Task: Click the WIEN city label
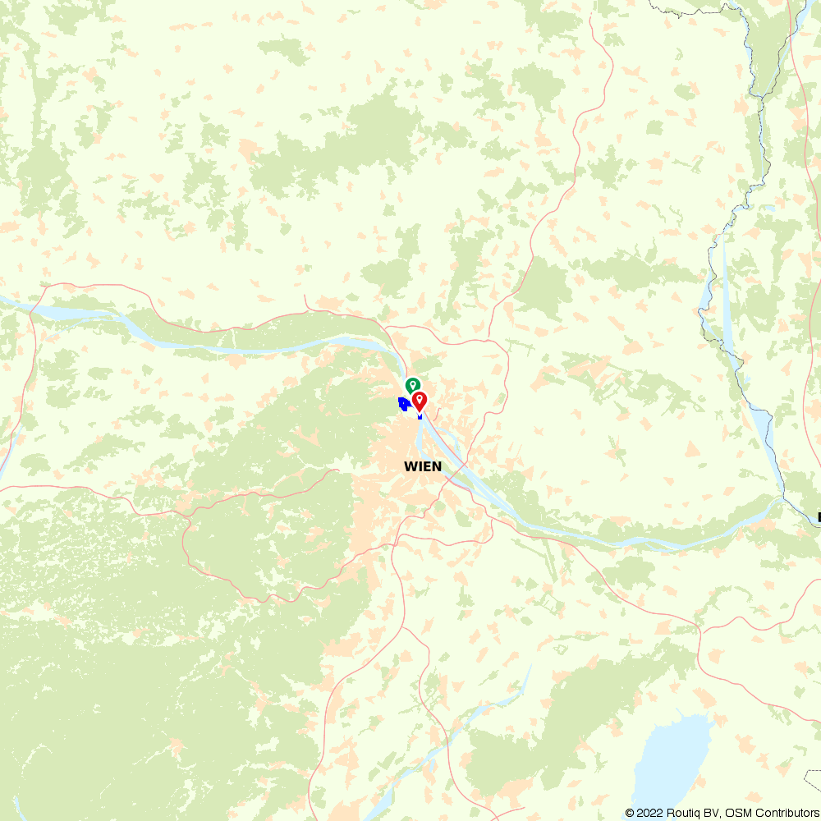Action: pos(423,466)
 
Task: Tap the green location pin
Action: pos(413,385)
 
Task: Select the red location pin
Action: pos(420,401)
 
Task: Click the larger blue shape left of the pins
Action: pos(403,404)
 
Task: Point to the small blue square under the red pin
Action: pos(420,416)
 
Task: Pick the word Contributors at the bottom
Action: pos(783,813)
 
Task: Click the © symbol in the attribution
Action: pos(629,813)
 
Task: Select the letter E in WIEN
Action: pos(427,466)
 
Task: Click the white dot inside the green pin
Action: pos(413,383)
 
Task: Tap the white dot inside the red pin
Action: pos(420,398)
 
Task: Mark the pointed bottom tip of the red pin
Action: pos(420,411)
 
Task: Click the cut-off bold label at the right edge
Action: pos(819,517)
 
